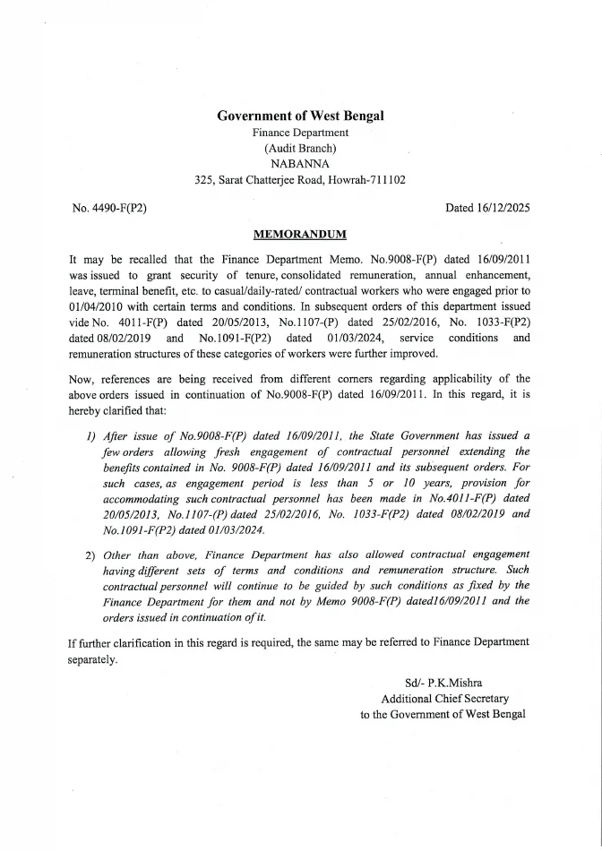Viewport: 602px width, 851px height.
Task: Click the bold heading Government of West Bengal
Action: coord(300,116)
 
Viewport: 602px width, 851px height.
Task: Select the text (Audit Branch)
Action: coord(300,148)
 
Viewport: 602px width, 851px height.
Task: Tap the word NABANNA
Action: coord(300,164)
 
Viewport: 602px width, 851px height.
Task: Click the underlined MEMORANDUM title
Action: coord(300,235)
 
